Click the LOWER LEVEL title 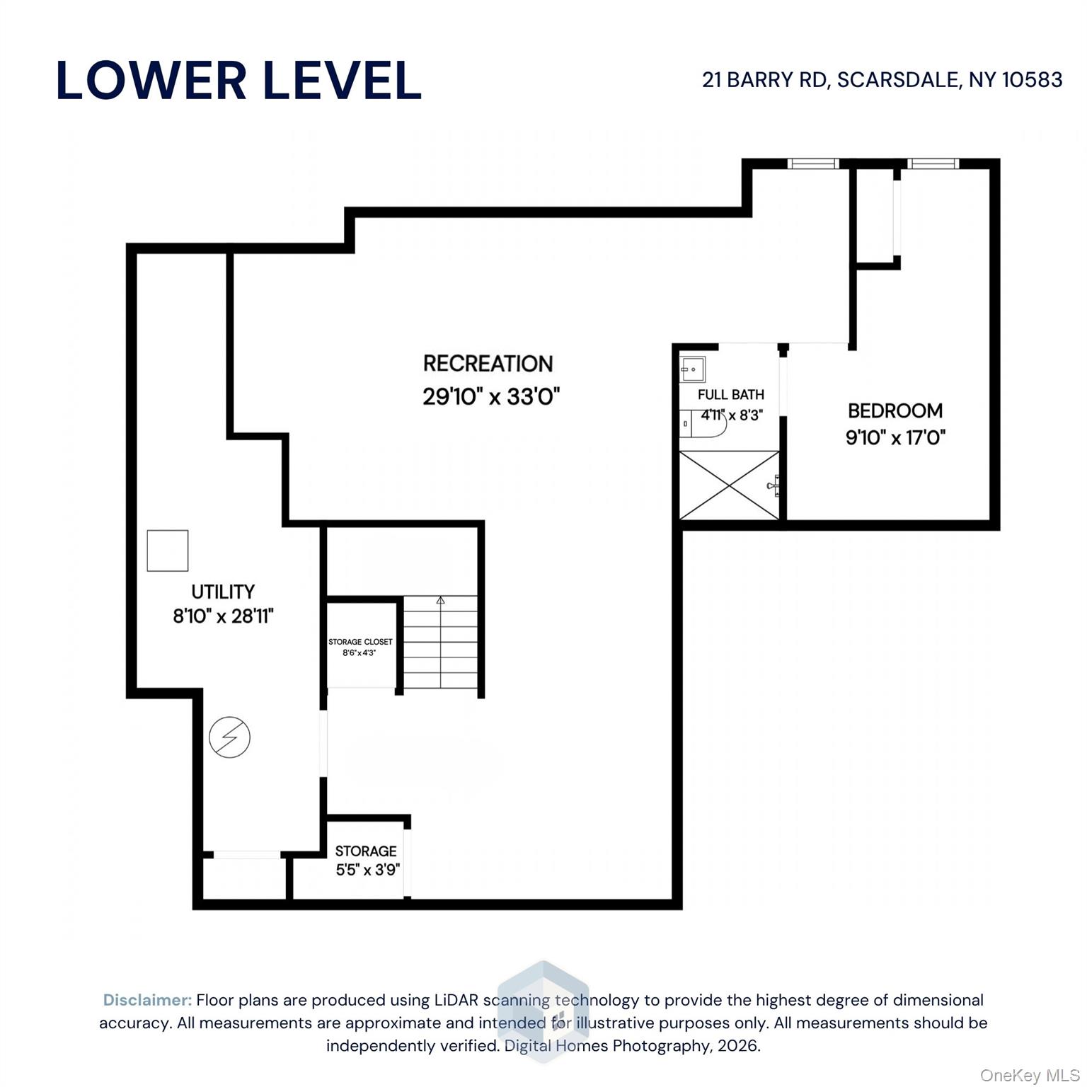pyautogui.click(x=238, y=80)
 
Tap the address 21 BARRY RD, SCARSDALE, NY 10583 pyautogui.click(x=882, y=80)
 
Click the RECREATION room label pyautogui.click(x=488, y=364)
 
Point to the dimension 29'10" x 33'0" pyautogui.click(x=491, y=396)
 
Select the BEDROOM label pyautogui.click(x=895, y=410)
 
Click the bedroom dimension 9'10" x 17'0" pyautogui.click(x=895, y=437)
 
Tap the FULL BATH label pyautogui.click(x=730, y=395)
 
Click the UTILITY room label pyautogui.click(x=223, y=592)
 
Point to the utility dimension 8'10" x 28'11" pyautogui.click(x=223, y=616)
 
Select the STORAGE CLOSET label pyautogui.click(x=360, y=642)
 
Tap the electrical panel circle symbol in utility pyautogui.click(x=230, y=737)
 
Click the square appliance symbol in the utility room pyautogui.click(x=168, y=551)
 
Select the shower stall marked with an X pyautogui.click(x=729, y=485)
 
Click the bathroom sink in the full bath pyautogui.click(x=692, y=369)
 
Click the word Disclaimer pyautogui.click(x=147, y=1000)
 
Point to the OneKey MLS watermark pyautogui.click(x=1030, y=1075)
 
